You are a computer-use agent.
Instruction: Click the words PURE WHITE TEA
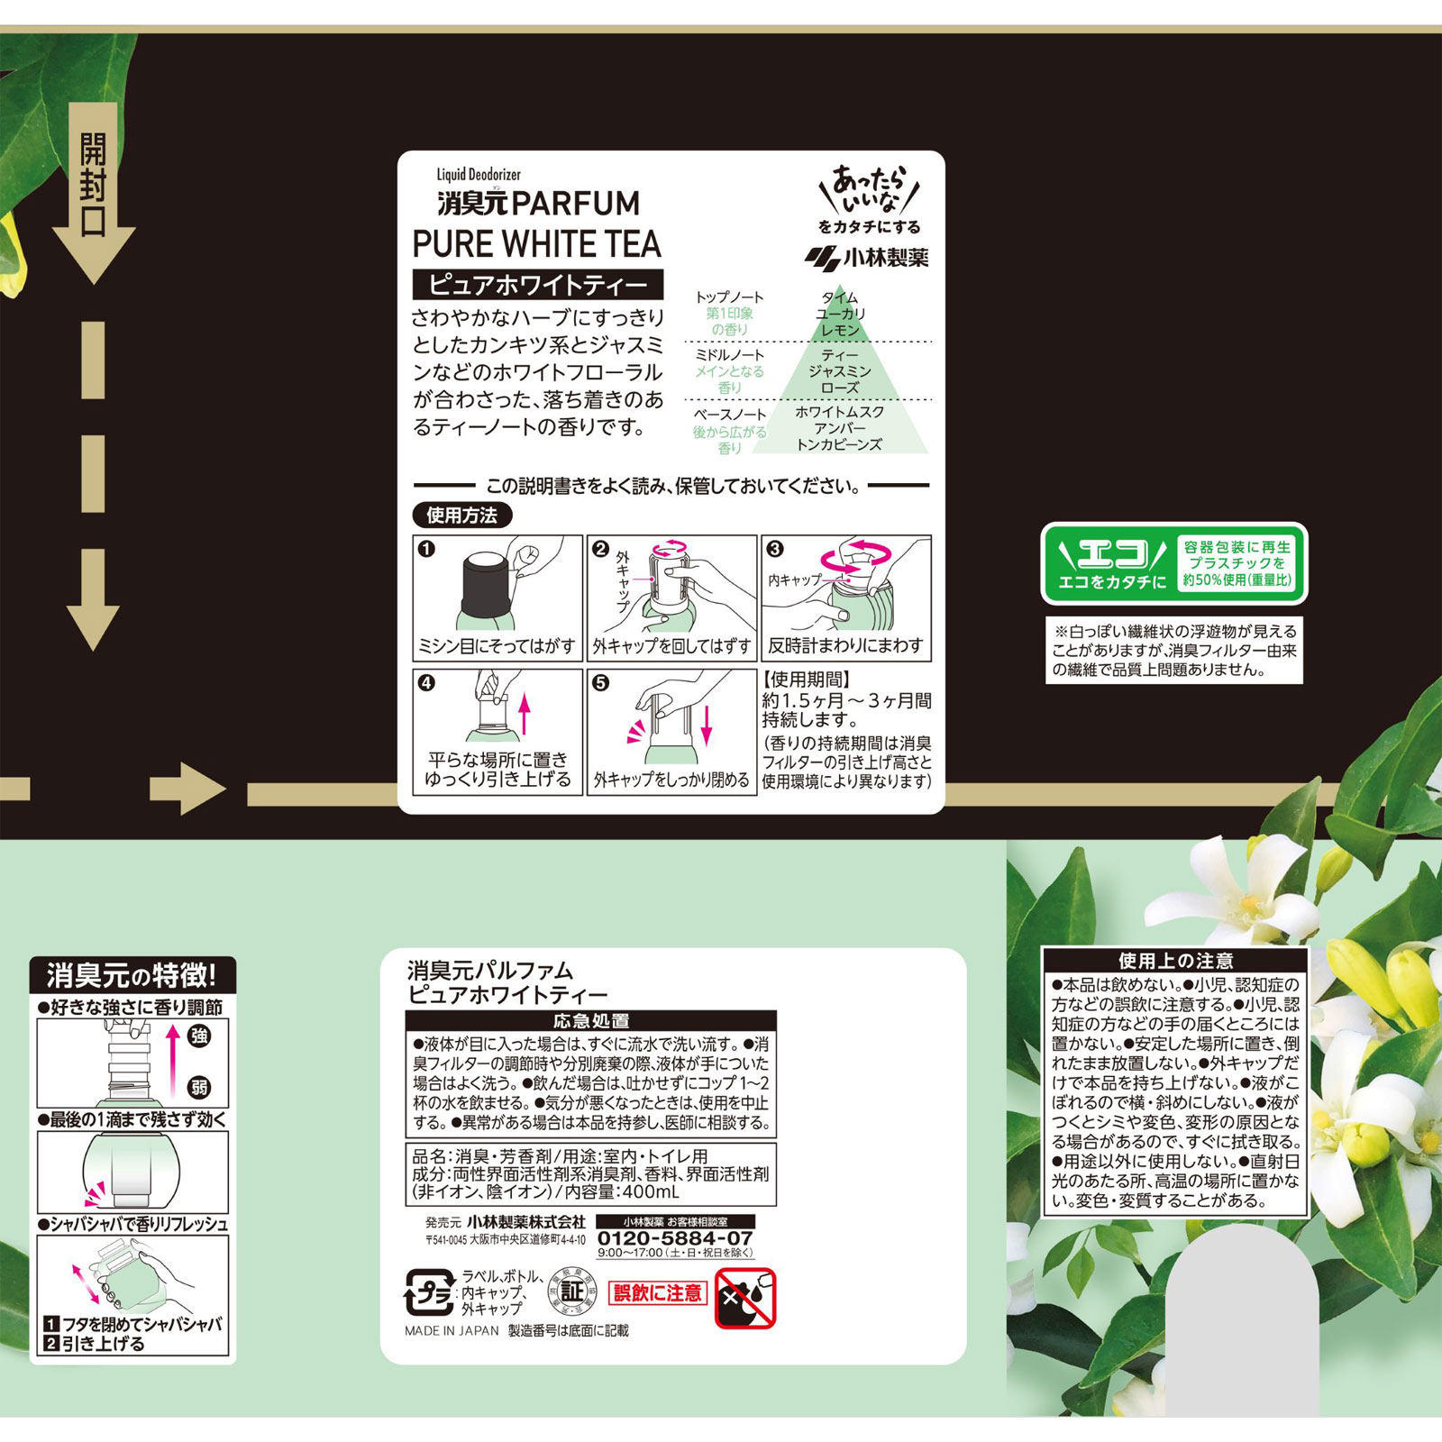536,244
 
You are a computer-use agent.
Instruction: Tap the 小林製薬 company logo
866,258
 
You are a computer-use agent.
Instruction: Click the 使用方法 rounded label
462,516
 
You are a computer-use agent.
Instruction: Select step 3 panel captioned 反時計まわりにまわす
845,598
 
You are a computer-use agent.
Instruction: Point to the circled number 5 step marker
601,683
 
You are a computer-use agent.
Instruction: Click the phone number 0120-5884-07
675,1238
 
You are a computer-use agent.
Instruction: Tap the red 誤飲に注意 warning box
658,1292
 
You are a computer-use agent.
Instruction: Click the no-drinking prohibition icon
745,1299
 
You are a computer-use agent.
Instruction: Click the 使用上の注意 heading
1175,961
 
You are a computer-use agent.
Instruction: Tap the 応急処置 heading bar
590,1021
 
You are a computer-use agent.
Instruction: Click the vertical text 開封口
93,185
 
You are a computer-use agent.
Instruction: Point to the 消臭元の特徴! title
132,975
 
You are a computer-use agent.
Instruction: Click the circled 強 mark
199,1036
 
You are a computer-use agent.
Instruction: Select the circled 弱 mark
199,1087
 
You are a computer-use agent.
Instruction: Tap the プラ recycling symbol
429,1294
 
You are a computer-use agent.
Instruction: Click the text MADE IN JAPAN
451,1330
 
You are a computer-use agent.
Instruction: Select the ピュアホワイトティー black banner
538,285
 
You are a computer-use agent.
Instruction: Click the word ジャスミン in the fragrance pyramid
839,371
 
